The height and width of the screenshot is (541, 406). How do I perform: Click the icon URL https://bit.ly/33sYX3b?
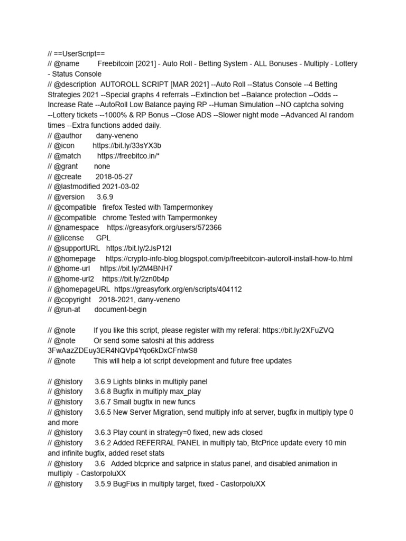coord(127,146)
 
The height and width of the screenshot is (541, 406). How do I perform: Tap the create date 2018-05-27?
coord(114,176)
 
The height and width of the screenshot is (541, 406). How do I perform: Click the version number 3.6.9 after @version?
coord(105,197)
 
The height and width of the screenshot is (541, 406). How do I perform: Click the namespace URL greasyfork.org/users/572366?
coord(164,228)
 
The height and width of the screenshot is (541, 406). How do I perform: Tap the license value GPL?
coord(103,238)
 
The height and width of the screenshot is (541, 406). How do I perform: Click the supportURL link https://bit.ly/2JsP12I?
coord(139,248)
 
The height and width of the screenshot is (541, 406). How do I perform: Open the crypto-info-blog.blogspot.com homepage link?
coord(229,258)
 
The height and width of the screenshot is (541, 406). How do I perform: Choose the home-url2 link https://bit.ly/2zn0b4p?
coord(135,279)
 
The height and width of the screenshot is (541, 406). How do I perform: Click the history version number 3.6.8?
coord(103,391)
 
